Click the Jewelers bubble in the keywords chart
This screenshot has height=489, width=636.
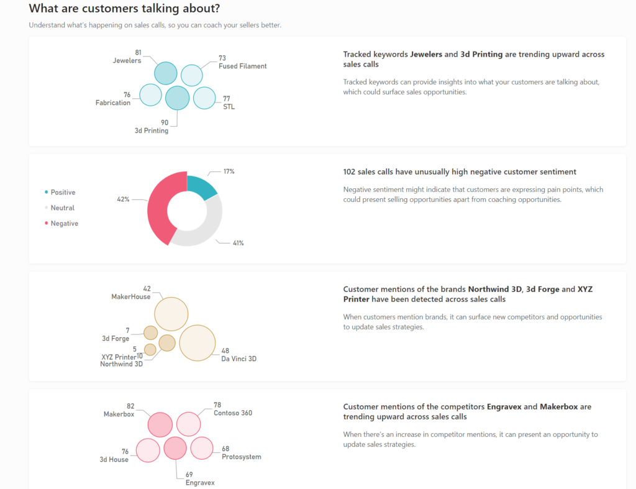tap(166, 73)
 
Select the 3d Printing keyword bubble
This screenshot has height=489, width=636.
tap(177, 98)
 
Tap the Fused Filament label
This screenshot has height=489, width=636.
tap(242, 66)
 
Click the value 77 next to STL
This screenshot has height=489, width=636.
tap(226, 98)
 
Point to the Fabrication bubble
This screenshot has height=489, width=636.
tap(150, 94)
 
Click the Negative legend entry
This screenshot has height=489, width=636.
tap(64, 224)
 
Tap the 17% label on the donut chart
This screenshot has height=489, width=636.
tap(229, 171)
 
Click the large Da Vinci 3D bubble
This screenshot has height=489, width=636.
tap(198, 343)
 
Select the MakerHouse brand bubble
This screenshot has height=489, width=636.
tap(171, 314)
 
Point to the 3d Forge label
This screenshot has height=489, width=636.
tap(116, 339)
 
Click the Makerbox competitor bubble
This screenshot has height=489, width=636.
tap(160, 424)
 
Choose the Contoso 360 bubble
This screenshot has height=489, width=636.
tap(188, 424)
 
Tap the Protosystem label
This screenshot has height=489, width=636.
tap(241, 457)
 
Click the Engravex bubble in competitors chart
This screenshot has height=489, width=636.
tap(175, 448)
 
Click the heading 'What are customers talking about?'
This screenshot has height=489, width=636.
tap(124, 9)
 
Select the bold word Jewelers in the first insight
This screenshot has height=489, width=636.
tap(425, 55)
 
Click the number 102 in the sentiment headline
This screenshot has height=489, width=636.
tap(350, 172)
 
